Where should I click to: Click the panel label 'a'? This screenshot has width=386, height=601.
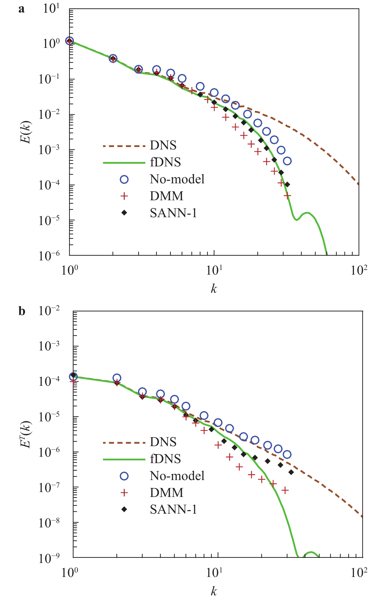click(x=22, y=9)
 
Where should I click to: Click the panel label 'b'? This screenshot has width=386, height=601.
click(x=22, y=311)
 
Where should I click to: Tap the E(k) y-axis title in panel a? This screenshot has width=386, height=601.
click(x=26, y=132)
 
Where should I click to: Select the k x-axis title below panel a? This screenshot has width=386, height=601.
click(x=213, y=288)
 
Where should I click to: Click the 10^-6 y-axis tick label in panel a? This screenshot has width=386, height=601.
click(x=49, y=256)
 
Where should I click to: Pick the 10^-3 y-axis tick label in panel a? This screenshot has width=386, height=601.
click(x=49, y=150)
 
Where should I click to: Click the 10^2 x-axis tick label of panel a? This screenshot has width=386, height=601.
click(x=359, y=270)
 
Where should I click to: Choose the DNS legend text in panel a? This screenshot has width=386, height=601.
click(x=163, y=145)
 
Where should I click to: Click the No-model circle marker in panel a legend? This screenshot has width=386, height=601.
click(x=124, y=179)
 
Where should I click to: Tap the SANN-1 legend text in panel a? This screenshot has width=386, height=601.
click(x=173, y=213)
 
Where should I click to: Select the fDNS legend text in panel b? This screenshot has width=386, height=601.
click(x=165, y=458)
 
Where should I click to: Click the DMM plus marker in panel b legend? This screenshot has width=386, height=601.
click(x=124, y=493)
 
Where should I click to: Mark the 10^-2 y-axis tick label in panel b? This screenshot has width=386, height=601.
click(x=49, y=311)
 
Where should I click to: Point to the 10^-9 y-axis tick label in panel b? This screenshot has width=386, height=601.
click(x=49, y=558)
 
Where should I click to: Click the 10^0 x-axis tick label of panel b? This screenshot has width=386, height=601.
click(x=70, y=573)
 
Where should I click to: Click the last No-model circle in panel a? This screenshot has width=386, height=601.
click(x=287, y=161)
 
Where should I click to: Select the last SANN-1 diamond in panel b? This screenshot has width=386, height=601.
click(x=291, y=472)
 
